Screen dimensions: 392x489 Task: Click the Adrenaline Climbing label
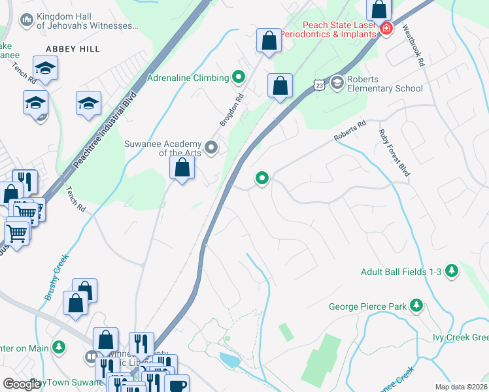point(188,78)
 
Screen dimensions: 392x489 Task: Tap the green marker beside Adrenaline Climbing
point(239,78)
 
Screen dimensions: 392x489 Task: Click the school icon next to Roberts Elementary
point(337,82)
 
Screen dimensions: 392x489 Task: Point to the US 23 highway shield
point(318,85)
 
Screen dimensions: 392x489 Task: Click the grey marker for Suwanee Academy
point(211,148)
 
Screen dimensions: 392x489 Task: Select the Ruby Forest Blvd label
point(394,153)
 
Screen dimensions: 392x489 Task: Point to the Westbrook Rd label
point(414,46)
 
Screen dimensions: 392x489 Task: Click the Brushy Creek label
point(57,276)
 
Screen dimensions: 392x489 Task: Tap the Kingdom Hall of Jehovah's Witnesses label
point(88,20)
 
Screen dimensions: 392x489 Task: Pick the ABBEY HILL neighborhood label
point(73,49)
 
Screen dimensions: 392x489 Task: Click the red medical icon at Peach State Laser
point(386,28)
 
